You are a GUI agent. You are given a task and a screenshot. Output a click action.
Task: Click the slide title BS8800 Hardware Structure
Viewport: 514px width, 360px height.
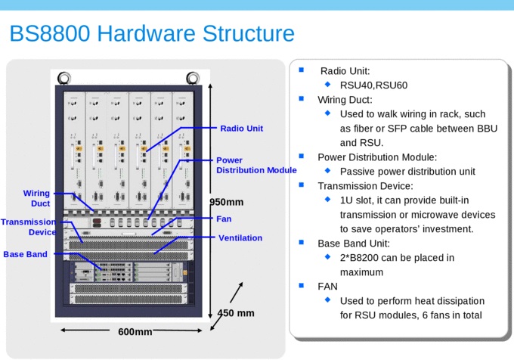151,34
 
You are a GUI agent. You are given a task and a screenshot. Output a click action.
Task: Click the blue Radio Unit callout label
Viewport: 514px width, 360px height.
241,129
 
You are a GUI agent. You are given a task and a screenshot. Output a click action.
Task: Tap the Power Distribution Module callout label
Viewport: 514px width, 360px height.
255,166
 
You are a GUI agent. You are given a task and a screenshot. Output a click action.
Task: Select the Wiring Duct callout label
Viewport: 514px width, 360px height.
36,198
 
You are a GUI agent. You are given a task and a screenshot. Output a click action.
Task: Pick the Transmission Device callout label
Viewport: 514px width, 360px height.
29,227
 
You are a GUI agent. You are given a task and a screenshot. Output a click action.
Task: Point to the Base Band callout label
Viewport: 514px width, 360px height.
25,254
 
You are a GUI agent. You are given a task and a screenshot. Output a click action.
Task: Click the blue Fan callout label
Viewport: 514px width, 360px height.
224,219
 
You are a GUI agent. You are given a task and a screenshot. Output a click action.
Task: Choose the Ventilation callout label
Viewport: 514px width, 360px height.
240,238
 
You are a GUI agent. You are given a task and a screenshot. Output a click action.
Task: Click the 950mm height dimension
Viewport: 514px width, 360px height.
227,202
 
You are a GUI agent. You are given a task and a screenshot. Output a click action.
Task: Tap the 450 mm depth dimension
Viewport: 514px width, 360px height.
236,313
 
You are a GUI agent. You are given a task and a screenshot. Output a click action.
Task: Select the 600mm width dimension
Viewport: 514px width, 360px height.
135,331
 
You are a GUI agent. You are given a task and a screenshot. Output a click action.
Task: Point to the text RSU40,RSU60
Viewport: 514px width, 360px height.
373,85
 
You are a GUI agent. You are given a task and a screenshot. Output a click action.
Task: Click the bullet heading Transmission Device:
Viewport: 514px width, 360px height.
365,186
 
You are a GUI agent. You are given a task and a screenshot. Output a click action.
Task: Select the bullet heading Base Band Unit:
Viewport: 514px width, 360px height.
354,244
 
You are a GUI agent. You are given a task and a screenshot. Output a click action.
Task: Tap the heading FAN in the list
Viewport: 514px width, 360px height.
327,286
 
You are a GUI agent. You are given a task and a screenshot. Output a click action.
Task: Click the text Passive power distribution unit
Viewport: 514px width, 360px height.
407,172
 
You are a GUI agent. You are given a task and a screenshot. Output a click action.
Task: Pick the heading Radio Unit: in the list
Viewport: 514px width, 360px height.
345,71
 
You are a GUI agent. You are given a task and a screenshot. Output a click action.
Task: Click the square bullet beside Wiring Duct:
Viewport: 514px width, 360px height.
302,98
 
